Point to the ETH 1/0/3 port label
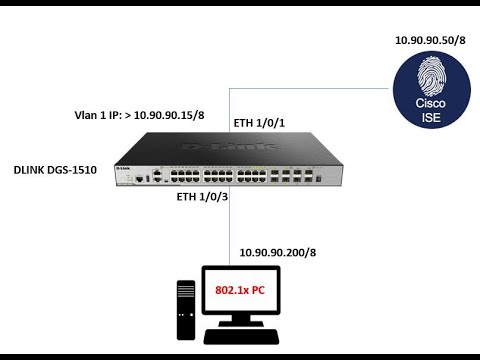(201, 197)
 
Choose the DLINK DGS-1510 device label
(56, 171)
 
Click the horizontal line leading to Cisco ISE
(320, 88)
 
